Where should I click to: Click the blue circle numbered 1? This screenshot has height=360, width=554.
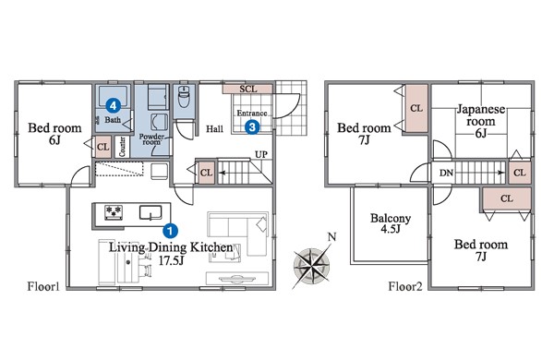(x=170, y=231)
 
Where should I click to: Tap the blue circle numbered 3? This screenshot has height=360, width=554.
(x=252, y=126)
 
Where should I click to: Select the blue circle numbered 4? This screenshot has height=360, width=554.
(x=113, y=104)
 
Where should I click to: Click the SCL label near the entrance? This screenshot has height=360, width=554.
(x=248, y=89)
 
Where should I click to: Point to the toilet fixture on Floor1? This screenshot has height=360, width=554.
(x=184, y=96)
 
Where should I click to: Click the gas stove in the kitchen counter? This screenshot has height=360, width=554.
(x=114, y=212)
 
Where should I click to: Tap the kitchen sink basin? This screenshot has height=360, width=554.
(x=151, y=212)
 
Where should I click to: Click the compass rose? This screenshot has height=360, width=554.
(x=312, y=265)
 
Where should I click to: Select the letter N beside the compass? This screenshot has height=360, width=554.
(x=331, y=237)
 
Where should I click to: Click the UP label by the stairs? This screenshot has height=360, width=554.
(x=261, y=154)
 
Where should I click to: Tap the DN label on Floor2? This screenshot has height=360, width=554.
(x=446, y=173)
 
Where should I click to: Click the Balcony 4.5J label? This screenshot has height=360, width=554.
(x=391, y=223)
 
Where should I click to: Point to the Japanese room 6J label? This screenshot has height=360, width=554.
(x=480, y=121)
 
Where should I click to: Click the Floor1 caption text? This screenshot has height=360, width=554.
(x=43, y=286)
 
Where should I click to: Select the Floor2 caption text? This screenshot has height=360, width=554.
(x=405, y=286)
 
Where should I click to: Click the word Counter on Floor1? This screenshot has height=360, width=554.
(x=122, y=147)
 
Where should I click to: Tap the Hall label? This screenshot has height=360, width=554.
(x=214, y=129)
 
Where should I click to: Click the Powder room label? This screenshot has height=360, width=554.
(x=151, y=139)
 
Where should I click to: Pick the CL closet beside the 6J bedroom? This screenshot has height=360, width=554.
(x=102, y=147)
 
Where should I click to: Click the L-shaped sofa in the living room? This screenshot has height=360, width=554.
(x=237, y=234)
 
